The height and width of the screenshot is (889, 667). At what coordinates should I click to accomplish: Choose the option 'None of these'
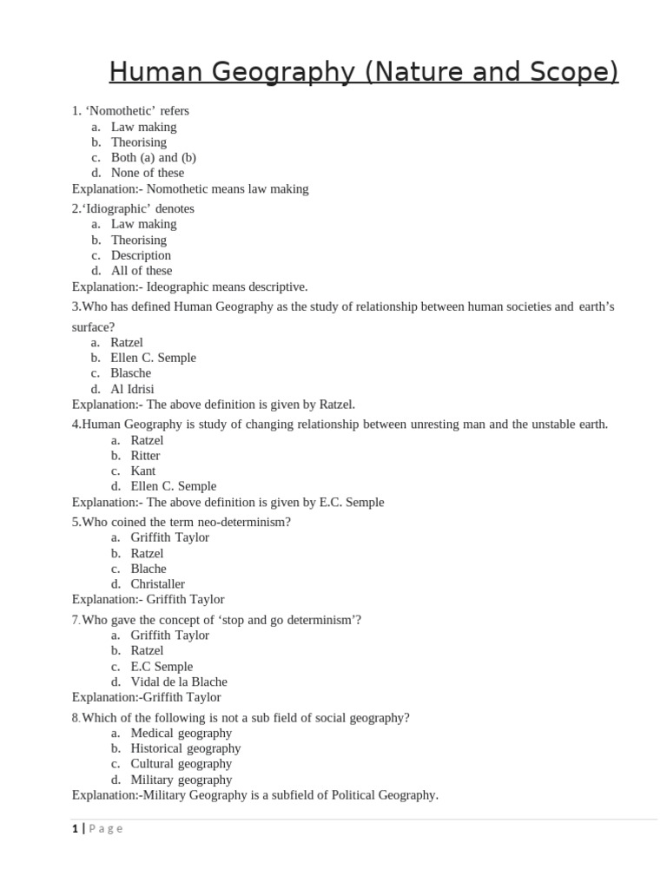[x=147, y=173]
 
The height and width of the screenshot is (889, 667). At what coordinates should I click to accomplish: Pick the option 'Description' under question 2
[x=141, y=255]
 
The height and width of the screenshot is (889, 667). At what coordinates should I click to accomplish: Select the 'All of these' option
[x=142, y=271]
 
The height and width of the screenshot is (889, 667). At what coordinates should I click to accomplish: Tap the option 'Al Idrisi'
[x=132, y=389]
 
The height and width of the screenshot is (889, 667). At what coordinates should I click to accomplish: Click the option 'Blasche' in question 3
[x=130, y=373]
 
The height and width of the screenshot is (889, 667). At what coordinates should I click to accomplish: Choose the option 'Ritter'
[x=145, y=456]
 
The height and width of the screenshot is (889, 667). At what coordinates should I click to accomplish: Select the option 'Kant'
[x=143, y=471]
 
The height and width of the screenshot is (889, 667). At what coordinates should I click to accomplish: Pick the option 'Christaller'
[x=157, y=584]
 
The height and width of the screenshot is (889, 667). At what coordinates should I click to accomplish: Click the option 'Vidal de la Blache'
[x=179, y=682]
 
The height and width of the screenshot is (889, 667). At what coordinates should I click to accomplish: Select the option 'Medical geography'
[x=181, y=734]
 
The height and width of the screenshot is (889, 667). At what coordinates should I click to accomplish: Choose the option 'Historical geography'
[x=185, y=748]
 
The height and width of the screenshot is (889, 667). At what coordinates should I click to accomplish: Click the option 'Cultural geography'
[x=181, y=764]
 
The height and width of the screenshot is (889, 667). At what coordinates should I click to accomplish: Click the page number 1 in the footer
[x=75, y=829]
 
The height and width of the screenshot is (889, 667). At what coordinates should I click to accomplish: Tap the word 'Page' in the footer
[x=106, y=829]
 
